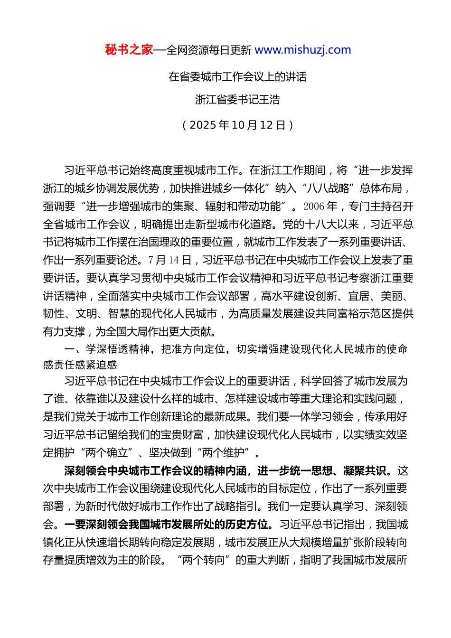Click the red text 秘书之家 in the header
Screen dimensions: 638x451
129,50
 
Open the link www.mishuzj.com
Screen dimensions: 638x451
303,50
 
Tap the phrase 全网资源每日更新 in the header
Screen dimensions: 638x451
209,50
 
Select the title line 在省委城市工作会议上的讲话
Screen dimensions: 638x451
237,77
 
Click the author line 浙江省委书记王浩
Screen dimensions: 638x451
237,100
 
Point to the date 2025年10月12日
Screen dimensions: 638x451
237,125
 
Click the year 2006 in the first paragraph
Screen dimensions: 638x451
313,206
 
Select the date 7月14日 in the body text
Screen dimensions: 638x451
170,260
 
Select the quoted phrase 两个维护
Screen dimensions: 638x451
223,453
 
